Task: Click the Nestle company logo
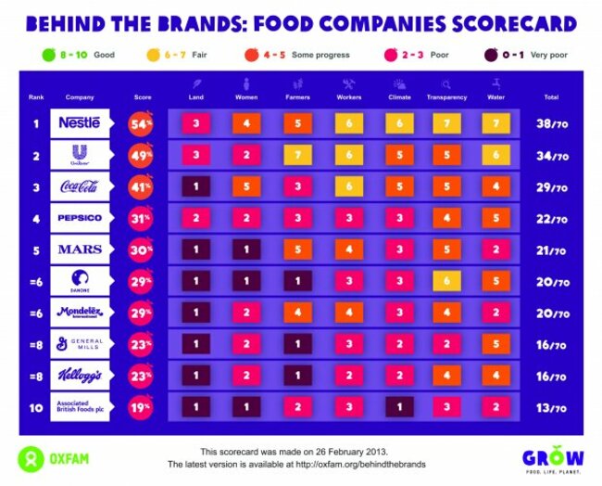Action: [80, 122]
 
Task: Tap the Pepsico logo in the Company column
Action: [80, 218]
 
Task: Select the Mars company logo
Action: [80, 249]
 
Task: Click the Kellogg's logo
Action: [80, 376]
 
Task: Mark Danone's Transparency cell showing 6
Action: [446, 281]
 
